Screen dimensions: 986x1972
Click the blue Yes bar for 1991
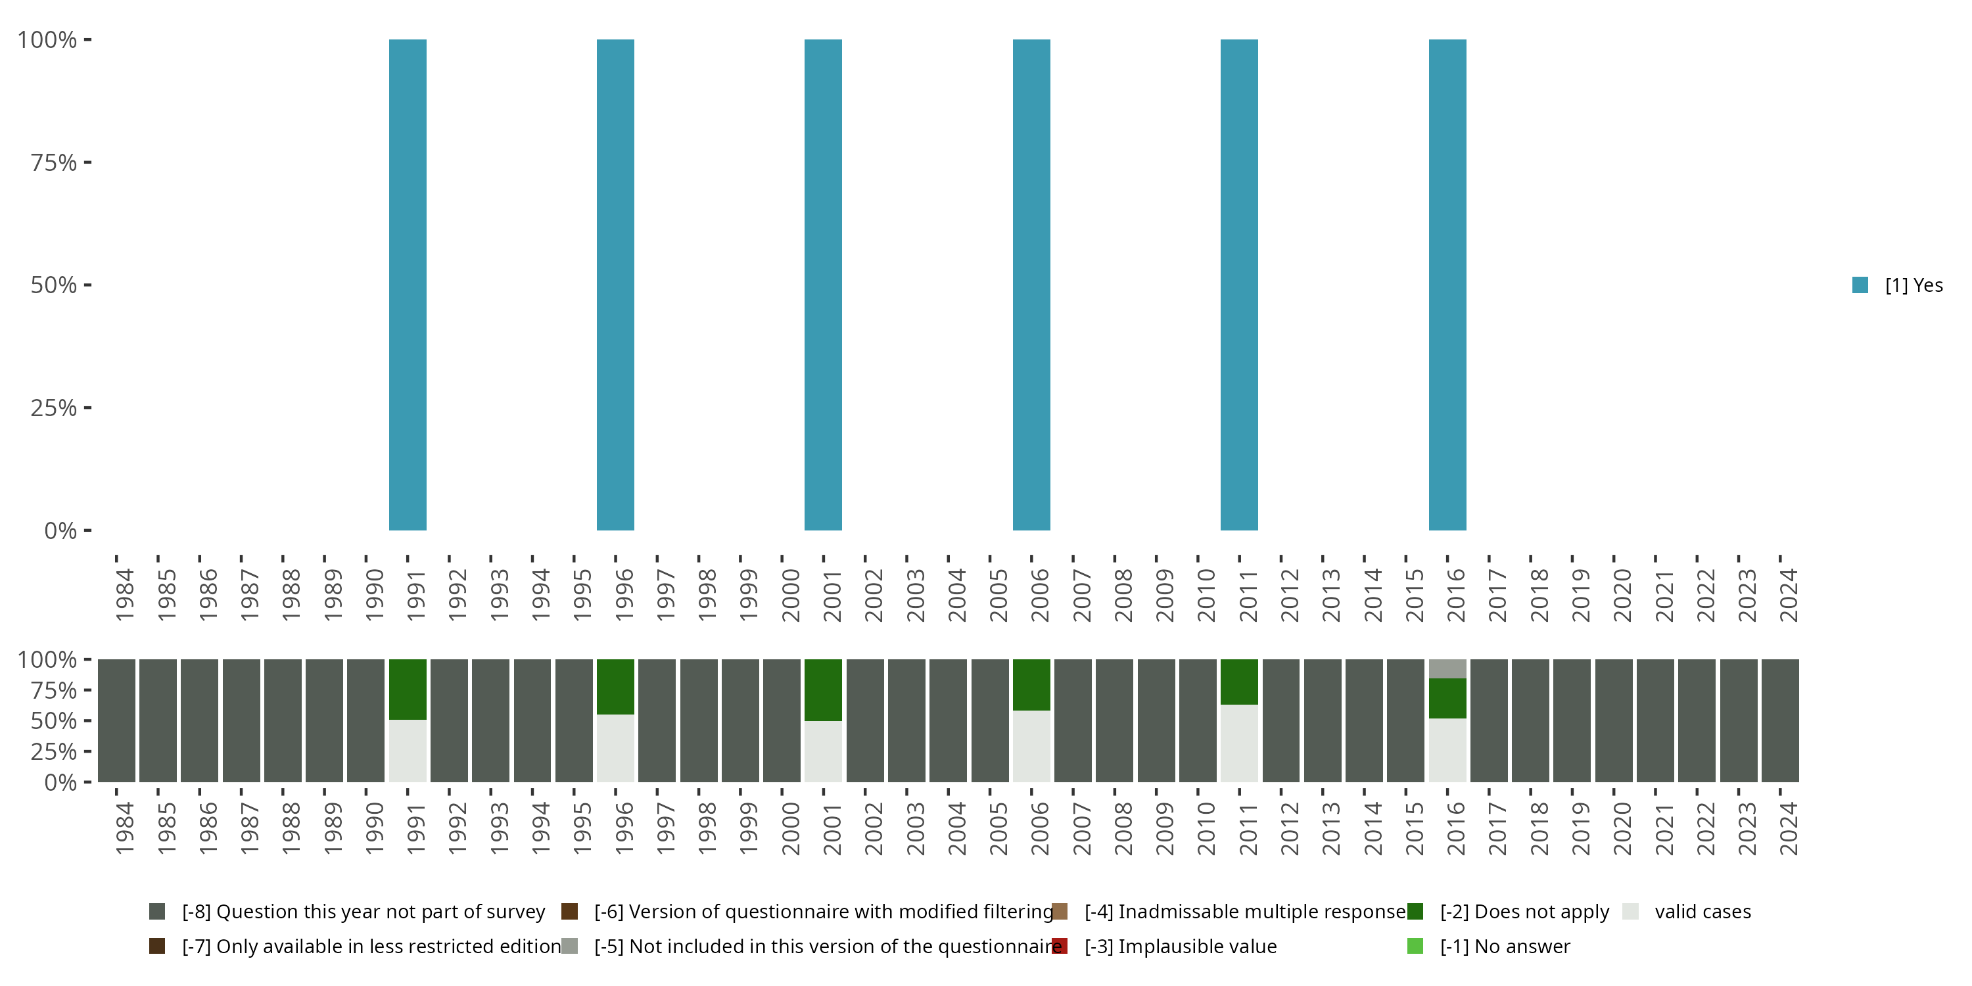tap(408, 285)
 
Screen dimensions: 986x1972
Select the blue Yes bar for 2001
tap(823, 285)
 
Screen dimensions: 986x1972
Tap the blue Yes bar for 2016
tap(1447, 285)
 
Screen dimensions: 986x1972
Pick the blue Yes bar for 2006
tap(1031, 285)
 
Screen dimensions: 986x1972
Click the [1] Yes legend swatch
tap(1860, 285)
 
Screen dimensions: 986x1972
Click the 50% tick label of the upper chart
tap(54, 285)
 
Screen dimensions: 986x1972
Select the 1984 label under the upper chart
tap(125, 595)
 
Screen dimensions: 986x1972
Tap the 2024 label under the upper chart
tap(1788, 595)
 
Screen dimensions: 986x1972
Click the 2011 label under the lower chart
tap(1248, 828)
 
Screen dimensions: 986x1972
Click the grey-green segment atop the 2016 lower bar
tap(1447, 669)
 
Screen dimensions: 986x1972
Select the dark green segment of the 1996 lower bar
tap(615, 687)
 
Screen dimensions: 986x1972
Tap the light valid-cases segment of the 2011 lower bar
tap(1238, 743)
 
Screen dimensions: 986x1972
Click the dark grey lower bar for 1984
tap(116, 720)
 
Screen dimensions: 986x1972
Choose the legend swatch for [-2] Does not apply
tap(1415, 911)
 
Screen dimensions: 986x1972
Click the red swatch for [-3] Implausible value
tap(1060, 946)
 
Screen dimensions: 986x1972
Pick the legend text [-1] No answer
tap(1505, 946)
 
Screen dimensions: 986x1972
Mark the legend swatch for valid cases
tap(1631, 911)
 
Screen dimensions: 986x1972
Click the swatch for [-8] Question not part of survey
tap(157, 911)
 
